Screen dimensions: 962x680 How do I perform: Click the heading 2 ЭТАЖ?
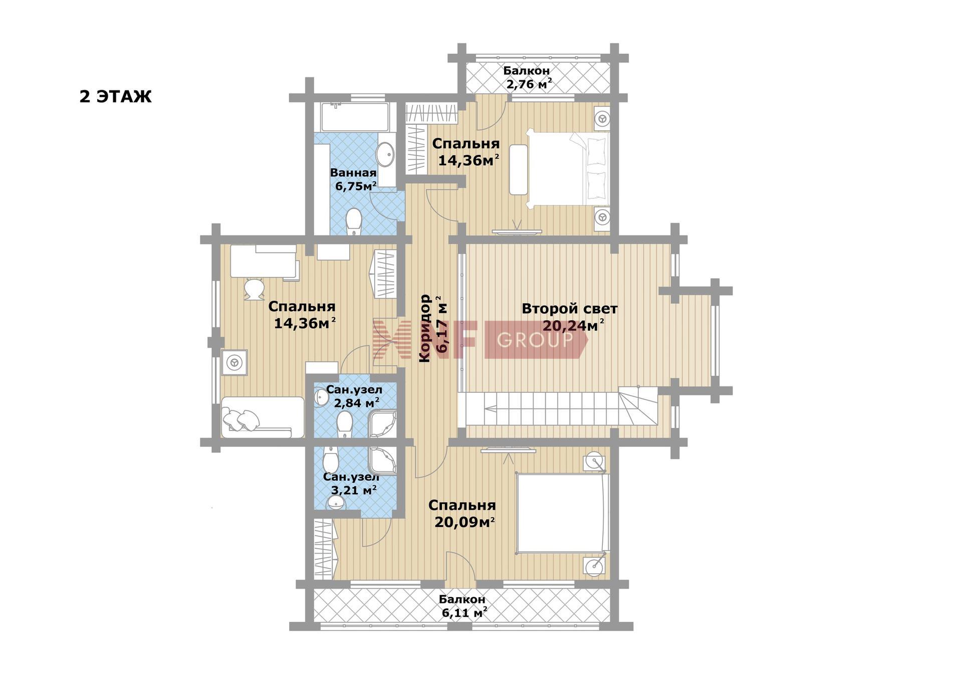115,96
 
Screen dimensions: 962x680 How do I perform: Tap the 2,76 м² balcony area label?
529,84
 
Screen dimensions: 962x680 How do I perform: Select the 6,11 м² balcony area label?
464,612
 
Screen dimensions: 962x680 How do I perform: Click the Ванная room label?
353,173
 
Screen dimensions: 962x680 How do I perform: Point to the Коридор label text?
425,328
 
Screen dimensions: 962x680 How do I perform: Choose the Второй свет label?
570,309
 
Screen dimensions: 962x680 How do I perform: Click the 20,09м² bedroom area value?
464,523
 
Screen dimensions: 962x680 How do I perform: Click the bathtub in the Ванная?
355,117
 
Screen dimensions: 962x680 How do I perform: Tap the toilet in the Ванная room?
354,222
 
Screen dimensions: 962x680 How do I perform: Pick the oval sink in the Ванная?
385,154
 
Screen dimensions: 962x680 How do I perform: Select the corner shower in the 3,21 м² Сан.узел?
383,460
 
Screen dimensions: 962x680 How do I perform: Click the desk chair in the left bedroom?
254,289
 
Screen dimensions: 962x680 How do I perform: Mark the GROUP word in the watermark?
535,340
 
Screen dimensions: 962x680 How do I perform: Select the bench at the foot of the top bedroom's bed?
519,170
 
